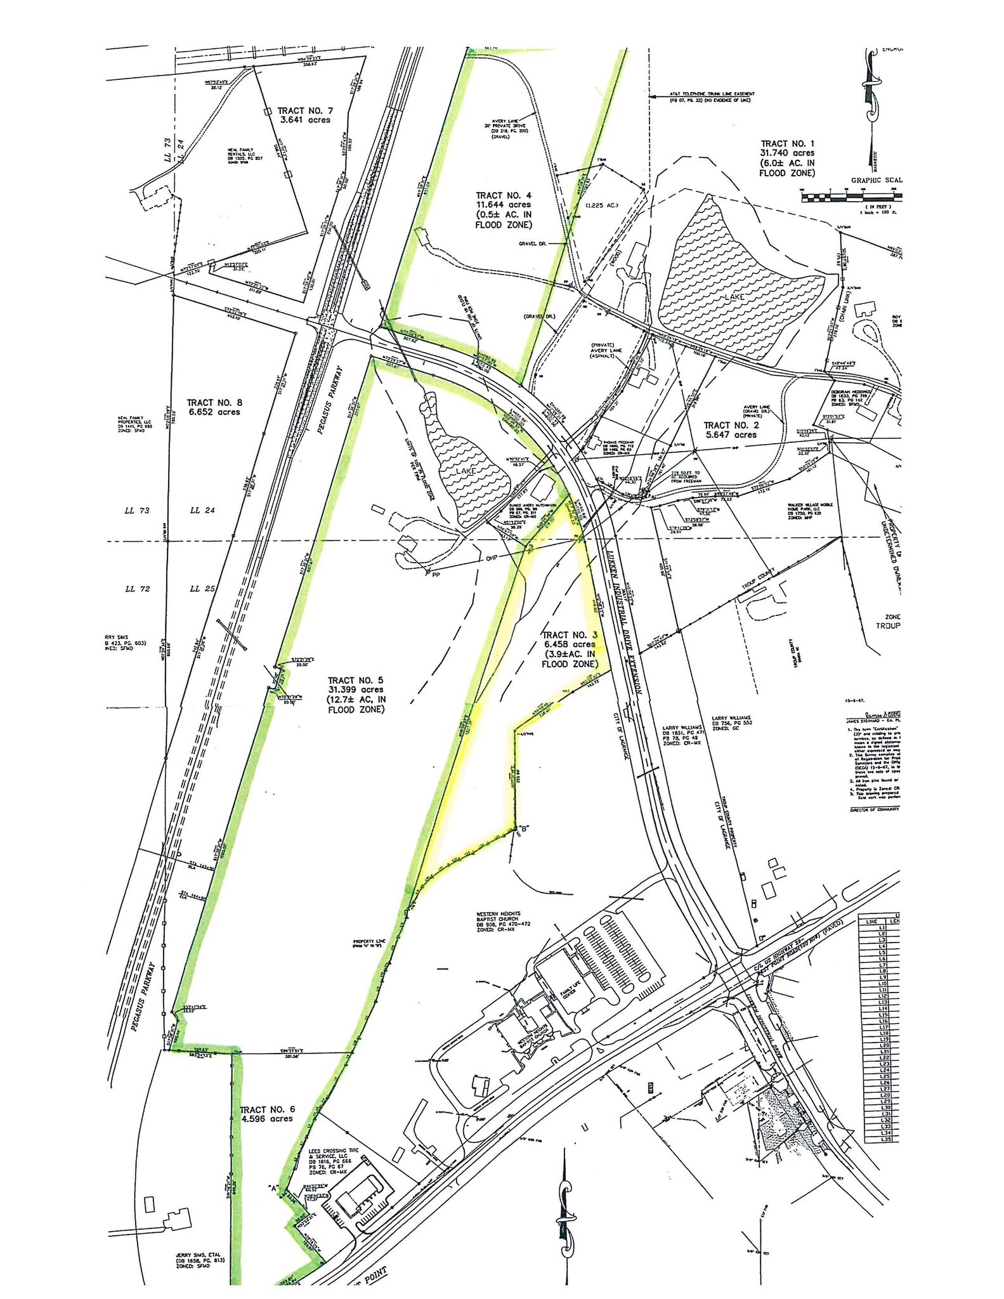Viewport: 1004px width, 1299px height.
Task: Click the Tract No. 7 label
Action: [304, 115]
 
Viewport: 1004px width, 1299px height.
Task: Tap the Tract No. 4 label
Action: [504, 210]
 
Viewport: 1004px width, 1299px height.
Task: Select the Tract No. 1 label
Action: [787, 158]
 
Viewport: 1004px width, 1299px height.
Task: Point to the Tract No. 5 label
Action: [356, 695]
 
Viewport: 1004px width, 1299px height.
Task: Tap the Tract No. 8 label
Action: [214, 407]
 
